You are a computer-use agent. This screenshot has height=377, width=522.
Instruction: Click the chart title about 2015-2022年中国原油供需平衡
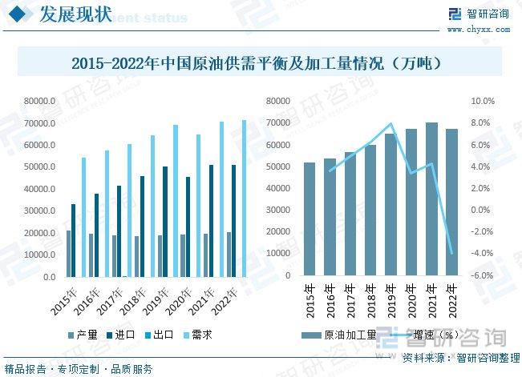[x=260, y=62]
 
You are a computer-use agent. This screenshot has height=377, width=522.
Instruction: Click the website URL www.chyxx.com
[x=477, y=30]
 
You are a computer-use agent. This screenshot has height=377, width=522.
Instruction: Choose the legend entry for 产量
[x=83, y=335]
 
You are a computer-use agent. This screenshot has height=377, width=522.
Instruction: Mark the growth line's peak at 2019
[x=391, y=124]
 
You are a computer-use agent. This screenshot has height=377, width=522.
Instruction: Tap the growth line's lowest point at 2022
[x=452, y=253]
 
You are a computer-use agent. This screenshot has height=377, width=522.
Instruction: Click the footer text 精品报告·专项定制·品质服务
[x=79, y=369]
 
